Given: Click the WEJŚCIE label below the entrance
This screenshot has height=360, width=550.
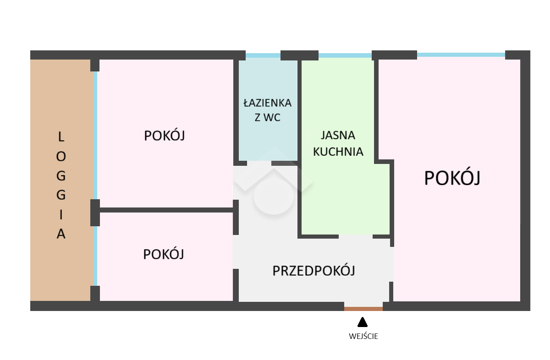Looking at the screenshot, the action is pyautogui.click(x=363, y=336).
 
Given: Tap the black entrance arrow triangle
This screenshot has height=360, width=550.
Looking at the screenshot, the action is pyautogui.click(x=363, y=322).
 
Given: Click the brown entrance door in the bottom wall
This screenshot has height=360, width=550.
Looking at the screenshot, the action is pyautogui.click(x=363, y=309).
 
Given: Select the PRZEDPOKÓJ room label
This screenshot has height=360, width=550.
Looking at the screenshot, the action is pyautogui.click(x=314, y=271).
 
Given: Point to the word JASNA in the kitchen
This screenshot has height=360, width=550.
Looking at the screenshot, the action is pyautogui.click(x=338, y=136).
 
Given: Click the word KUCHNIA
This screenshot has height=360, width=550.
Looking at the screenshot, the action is pyautogui.click(x=338, y=152).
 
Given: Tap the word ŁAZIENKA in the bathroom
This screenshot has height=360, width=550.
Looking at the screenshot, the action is pyautogui.click(x=267, y=103).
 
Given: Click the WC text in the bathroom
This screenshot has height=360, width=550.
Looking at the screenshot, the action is pyautogui.click(x=272, y=118).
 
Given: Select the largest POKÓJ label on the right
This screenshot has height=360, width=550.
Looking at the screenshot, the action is pyautogui.click(x=452, y=178).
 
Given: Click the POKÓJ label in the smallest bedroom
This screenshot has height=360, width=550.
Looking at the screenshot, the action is pyautogui.click(x=164, y=254).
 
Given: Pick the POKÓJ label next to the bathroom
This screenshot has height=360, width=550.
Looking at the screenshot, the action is pyautogui.click(x=164, y=136).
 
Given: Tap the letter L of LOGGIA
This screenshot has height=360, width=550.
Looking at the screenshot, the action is pyautogui.click(x=61, y=136).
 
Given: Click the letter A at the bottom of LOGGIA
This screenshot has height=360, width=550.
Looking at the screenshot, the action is pyautogui.click(x=61, y=234).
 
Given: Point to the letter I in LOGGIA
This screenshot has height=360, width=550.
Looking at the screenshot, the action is pyautogui.click(x=61, y=215).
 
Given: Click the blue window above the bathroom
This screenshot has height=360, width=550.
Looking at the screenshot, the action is pyautogui.click(x=263, y=55).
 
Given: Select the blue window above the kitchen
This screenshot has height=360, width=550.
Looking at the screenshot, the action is pyautogui.click(x=345, y=55).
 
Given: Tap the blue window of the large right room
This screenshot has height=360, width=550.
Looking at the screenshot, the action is pyautogui.click(x=461, y=55).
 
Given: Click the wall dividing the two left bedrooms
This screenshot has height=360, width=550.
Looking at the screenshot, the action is pyautogui.click(x=166, y=210).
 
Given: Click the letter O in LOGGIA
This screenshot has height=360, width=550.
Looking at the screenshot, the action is pyautogui.click(x=61, y=156).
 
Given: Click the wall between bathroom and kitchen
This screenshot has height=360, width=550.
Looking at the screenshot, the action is pyautogui.click(x=300, y=110).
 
